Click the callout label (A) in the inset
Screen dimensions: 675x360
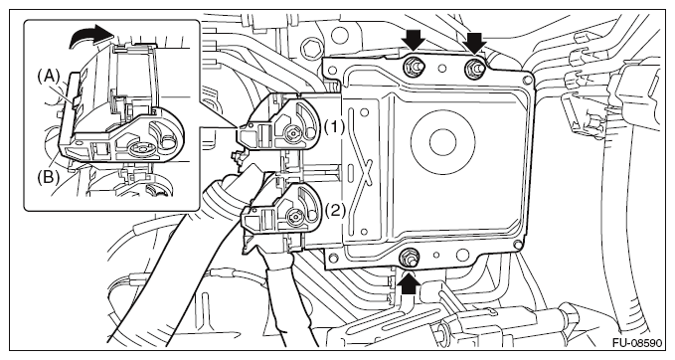(48, 77)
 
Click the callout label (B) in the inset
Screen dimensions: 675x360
(48, 177)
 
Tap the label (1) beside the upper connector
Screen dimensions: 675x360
(334, 127)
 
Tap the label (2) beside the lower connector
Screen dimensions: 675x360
(335, 210)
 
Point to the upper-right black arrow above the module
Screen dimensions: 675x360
(475, 42)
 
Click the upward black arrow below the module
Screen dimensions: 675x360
(409, 282)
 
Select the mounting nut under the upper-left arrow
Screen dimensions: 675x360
(413, 67)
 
